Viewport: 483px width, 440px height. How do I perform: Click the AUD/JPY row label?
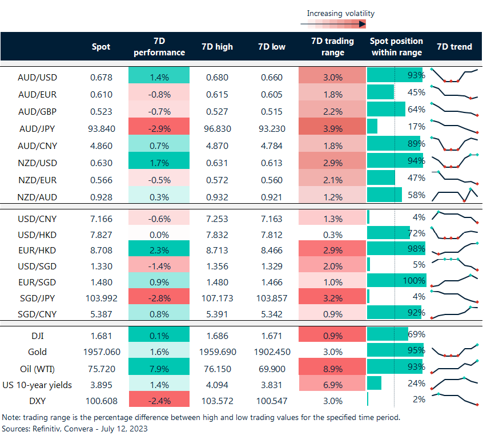[x=37, y=128]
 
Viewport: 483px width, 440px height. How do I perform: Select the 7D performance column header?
[x=160, y=47]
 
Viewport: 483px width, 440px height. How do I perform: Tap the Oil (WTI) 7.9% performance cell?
[x=160, y=369]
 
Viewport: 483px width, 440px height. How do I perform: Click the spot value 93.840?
[x=102, y=128]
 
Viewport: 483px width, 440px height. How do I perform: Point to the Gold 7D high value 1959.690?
[x=217, y=352]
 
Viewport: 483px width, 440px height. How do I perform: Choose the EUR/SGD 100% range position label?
[x=414, y=281]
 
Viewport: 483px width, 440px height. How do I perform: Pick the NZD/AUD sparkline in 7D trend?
[x=454, y=196]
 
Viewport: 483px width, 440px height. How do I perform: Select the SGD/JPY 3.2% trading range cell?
[x=332, y=297]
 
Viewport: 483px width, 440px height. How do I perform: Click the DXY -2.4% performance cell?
[x=160, y=400]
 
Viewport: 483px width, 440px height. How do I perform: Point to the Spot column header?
[x=102, y=47]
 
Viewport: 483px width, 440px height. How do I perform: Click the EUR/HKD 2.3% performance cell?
[x=160, y=250]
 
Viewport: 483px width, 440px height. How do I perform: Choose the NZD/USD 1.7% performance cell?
[x=160, y=163]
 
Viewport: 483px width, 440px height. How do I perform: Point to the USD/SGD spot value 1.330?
[x=102, y=265]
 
